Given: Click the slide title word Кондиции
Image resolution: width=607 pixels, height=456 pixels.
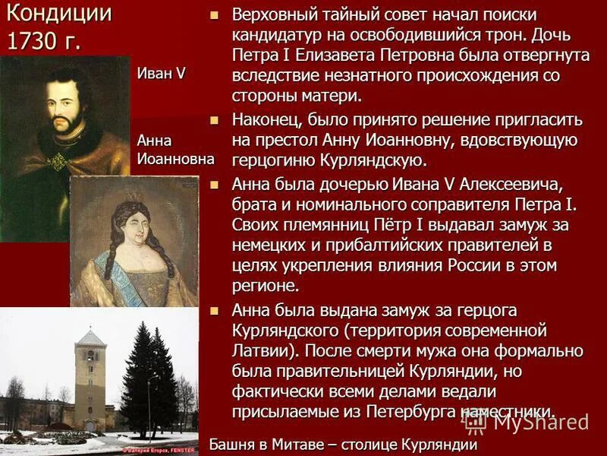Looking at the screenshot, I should pyautogui.click(x=59, y=13).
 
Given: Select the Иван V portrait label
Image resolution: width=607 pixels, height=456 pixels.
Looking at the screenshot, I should pyautogui.click(x=161, y=73).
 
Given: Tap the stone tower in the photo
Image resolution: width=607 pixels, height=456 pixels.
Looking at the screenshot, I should pyautogui.click(x=90, y=380).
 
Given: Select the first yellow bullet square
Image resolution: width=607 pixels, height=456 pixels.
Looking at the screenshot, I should pyautogui.click(x=215, y=15).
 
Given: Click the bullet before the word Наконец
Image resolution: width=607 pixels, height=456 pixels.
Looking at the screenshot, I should pyautogui.click(x=215, y=119).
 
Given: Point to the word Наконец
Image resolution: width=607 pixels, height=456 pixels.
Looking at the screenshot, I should pyautogui.click(x=267, y=120).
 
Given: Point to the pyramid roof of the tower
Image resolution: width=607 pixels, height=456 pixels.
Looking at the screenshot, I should pyautogui.click(x=90, y=337).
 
